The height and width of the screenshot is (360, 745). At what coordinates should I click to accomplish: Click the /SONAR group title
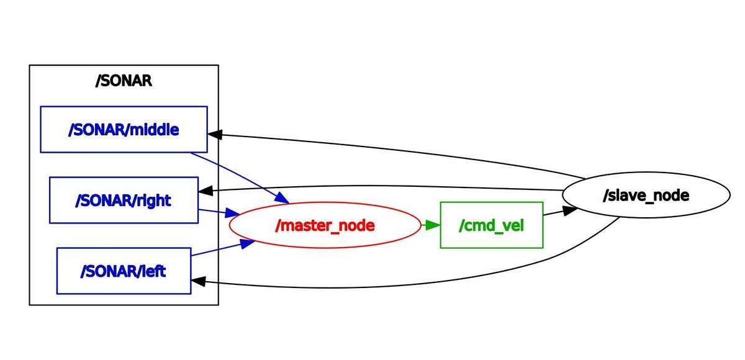tap(124, 81)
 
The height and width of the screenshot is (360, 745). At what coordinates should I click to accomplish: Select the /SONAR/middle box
tap(124, 129)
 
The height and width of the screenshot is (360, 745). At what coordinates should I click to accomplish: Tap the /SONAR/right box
tap(124, 200)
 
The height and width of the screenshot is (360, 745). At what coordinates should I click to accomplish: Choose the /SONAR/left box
tap(124, 271)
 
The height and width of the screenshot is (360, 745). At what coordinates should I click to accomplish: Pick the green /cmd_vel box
tap(492, 225)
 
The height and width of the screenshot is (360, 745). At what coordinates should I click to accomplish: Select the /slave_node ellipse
tap(646, 196)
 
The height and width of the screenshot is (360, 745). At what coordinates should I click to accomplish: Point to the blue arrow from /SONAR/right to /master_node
tap(214, 212)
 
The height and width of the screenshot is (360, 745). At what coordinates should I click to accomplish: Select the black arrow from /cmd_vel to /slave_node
tap(556, 212)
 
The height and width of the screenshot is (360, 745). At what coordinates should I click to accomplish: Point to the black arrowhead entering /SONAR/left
tap(199, 281)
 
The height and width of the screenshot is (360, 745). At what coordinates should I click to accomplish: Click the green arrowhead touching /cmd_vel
tap(433, 225)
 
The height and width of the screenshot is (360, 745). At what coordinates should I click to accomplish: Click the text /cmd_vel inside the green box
tap(492, 225)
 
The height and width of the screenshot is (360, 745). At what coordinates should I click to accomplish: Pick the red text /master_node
tap(325, 225)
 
